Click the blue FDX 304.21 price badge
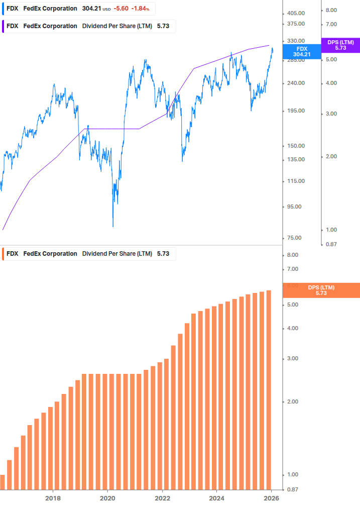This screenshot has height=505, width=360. tap(302, 52)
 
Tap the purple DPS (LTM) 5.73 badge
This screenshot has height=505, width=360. tap(340, 45)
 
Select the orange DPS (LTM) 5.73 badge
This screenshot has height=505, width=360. tap(321, 290)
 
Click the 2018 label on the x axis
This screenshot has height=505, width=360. tap(53, 498)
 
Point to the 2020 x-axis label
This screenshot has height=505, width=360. tap(107, 498)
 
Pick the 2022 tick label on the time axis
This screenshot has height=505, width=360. tap(162, 498)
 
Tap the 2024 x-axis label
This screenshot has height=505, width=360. tap(216, 498)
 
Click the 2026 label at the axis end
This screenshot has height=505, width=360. tap(271, 498)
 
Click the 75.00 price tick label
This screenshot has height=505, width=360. tap(296, 238)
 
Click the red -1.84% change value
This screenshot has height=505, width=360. tap(141, 9)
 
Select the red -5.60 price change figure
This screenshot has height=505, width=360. tap(121, 9)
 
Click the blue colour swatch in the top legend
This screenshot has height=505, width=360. tap(2, 9)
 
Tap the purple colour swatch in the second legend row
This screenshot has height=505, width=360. tap(2, 26)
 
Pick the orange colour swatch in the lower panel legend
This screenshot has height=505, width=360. tap(2, 254)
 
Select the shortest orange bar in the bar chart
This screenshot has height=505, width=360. tap(2, 482)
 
